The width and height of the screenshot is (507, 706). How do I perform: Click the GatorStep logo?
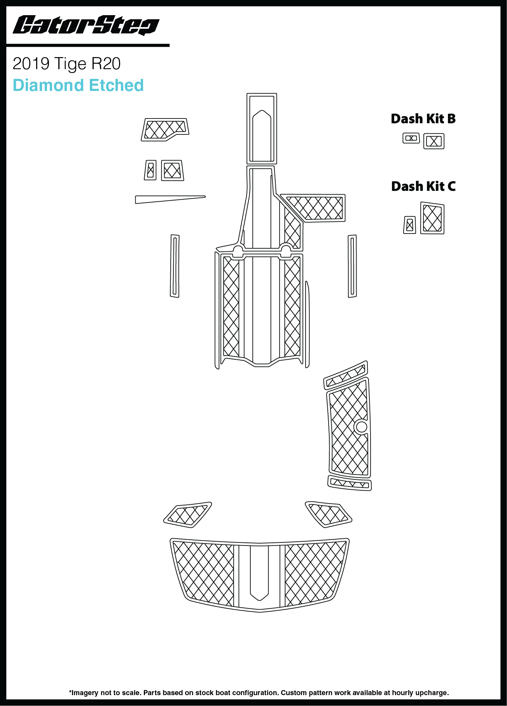pos(86,26)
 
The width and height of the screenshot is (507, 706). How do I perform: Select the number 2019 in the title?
pos(31,64)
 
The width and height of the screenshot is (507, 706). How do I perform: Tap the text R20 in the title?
pos(106,64)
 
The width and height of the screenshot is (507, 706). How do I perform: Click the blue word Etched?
pos(116,85)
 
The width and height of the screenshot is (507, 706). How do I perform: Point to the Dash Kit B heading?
pos(423,119)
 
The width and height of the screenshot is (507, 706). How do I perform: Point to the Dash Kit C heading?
pos(423,186)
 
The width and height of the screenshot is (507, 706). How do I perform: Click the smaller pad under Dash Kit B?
pos(411,138)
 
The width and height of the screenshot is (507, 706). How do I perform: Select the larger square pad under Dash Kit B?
pos(434,141)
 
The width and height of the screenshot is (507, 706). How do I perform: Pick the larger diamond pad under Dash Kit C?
pos(432,218)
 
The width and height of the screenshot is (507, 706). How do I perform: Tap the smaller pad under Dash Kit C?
pos(409,225)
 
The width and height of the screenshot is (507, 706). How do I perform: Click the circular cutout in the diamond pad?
pos(361,427)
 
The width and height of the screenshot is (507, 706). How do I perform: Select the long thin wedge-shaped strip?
pos(170,199)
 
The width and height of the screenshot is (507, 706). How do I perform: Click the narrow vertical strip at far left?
pos(175,266)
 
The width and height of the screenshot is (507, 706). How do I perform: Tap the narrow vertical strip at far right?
pos(352,266)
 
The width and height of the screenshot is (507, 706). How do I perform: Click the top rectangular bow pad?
pos(262,129)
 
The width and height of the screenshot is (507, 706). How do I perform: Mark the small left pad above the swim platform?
pos(188,515)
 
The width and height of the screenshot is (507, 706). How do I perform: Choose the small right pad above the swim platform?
pos(329,514)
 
